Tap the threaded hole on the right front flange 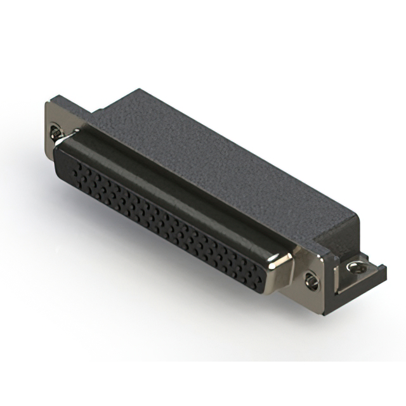(x=311, y=278)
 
